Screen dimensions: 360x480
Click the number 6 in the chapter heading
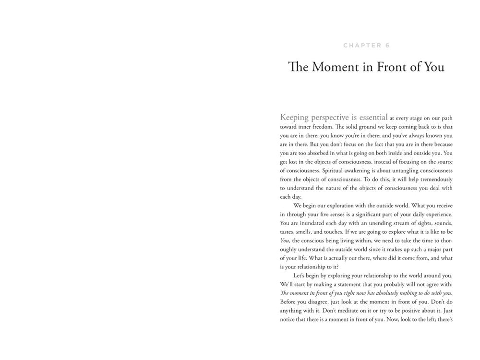click(x=387, y=46)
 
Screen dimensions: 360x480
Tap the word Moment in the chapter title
click(x=334, y=67)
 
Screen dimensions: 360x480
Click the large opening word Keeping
click(x=297, y=117)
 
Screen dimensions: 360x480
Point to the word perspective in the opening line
click(x=336, y=117)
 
